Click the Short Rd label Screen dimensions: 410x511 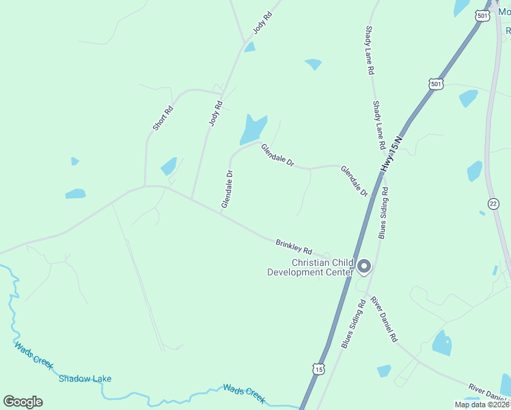pyautogui.click(x=163, y=118)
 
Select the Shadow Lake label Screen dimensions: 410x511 pyautogui.click(x=85, y=379)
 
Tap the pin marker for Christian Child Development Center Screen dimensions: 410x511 pyautogui.click(x=364, y=266)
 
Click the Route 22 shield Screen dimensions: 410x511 pyautogui.click(x=493, y=204)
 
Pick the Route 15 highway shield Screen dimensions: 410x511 pyautogui.click(x=318, y=369)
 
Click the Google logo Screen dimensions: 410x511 pyautogui.click(x=23, y=402)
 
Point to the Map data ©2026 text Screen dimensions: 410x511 pyautogui.click(x=482, y=405)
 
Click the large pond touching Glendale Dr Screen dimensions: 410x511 pyautogui.click(x=253, y=128)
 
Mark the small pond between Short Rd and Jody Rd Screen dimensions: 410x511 pyautogui.click(x=169, y=166)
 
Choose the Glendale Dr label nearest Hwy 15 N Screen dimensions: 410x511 pyautogui.click(x=355, y=182)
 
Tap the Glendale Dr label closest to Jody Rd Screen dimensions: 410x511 pyautogui.click(x=227, y=189)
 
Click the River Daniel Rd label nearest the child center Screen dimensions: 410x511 pyautogui.click(x=384, y=319)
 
